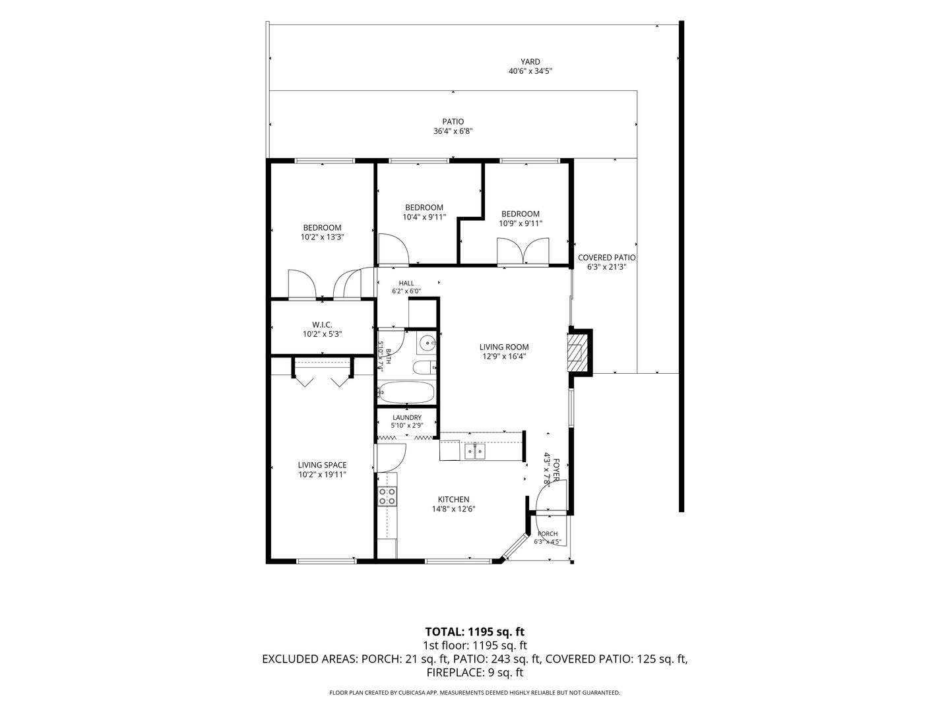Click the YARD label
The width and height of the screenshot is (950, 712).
[530, 62]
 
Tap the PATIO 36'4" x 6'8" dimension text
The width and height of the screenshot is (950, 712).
[453, 131]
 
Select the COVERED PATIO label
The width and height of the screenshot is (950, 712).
[607, 258]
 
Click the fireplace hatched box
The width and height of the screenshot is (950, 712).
[575, 352]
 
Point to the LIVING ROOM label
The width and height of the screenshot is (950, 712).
[504, 347]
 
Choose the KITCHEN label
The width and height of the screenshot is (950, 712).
[453, 499]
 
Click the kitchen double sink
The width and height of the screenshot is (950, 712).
[475, 451]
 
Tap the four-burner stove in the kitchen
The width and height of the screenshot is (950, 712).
[387, 496]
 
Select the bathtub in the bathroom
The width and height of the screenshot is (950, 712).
[406, 392]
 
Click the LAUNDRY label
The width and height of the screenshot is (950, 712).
[407, 417]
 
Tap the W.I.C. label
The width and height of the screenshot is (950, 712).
[322, 324]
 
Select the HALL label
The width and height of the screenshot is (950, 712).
[406, 283]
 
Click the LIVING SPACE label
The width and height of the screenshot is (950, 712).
[322, 465]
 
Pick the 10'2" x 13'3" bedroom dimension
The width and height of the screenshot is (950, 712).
[322, 237]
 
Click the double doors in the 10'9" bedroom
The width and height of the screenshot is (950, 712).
[522, 251]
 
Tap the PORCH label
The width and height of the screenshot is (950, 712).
[548, 533]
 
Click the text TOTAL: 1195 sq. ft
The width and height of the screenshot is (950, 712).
[475, 632]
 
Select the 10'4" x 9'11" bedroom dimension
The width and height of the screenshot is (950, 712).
[424, 217]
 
